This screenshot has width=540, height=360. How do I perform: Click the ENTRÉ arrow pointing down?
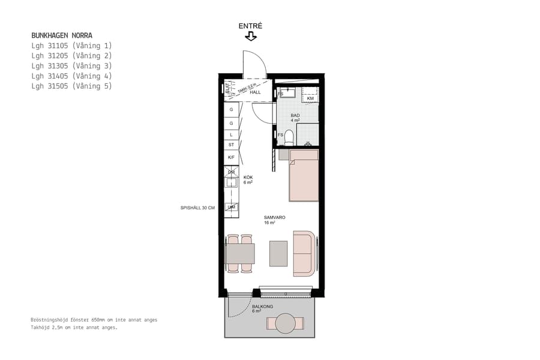(x=251, y=37)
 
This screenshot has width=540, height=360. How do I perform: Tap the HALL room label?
(x=255, y=92)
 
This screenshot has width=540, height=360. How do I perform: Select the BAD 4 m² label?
(x=295, y=118)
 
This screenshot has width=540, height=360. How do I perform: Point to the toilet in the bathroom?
(x=289, y=138)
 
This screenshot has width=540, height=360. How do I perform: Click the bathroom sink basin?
(x=288, y=92)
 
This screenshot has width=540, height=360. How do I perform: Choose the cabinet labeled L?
(x=231, y=134)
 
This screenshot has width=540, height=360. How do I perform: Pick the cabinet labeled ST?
(x=231, y=145)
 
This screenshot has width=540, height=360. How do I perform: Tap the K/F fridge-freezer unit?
(x=231, y=157)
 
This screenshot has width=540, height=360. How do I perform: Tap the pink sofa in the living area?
(x=304, y=253)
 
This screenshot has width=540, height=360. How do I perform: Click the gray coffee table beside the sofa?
(x=278, y=253)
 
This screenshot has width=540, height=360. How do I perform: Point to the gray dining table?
(x=240, y=253)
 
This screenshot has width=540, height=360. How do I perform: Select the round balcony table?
(x=286, y=323)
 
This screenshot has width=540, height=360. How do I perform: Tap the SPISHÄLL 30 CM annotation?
(x=197, y=208)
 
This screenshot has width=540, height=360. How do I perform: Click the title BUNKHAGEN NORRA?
(x=62, y=35)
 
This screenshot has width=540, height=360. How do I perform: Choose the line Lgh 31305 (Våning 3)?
(x=71, y=66)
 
